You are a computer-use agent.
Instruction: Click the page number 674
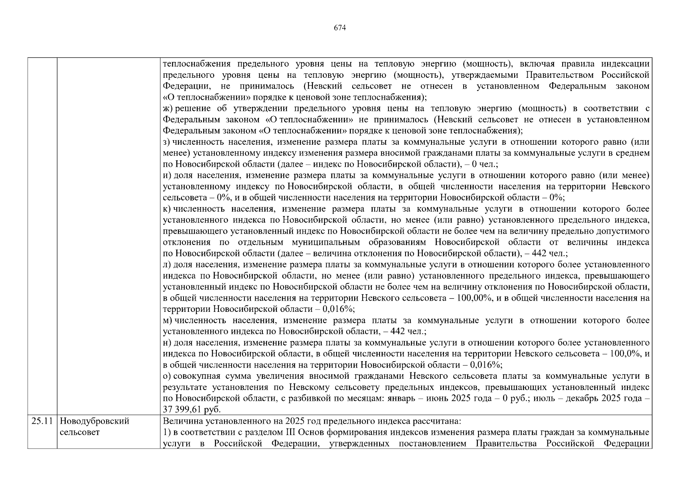(340, 28)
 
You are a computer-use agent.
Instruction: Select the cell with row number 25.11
(42, 421)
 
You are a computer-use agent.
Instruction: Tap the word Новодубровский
(95, 421)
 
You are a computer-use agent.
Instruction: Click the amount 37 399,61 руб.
(192, 410)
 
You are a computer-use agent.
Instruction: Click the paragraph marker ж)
(167, 109)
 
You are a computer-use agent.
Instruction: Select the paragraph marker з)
(167, 142)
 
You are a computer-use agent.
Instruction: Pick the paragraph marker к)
(167, 209)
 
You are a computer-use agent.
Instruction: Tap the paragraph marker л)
(167, 265)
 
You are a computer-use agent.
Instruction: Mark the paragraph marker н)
(167, 343)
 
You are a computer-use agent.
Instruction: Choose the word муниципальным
(326, 243)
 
